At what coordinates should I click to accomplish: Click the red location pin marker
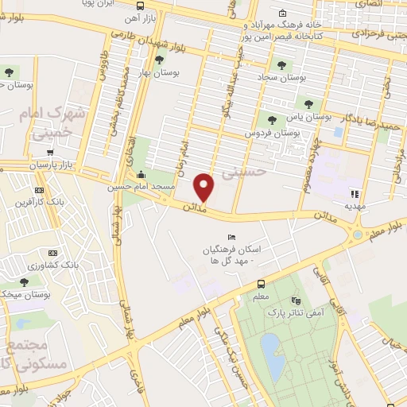[205, 187]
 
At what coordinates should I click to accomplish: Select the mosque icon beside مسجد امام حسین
[141, 176]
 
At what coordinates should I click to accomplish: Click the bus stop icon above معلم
[260, 285]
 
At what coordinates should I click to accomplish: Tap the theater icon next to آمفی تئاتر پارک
[297, 301]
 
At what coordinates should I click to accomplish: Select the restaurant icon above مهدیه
[355, 193]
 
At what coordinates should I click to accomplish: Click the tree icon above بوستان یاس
[308, 103]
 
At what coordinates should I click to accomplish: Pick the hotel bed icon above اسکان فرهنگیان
[231, 238]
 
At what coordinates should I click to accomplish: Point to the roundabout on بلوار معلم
[358, 235]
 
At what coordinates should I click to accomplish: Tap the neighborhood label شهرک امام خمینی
[55, 123]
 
